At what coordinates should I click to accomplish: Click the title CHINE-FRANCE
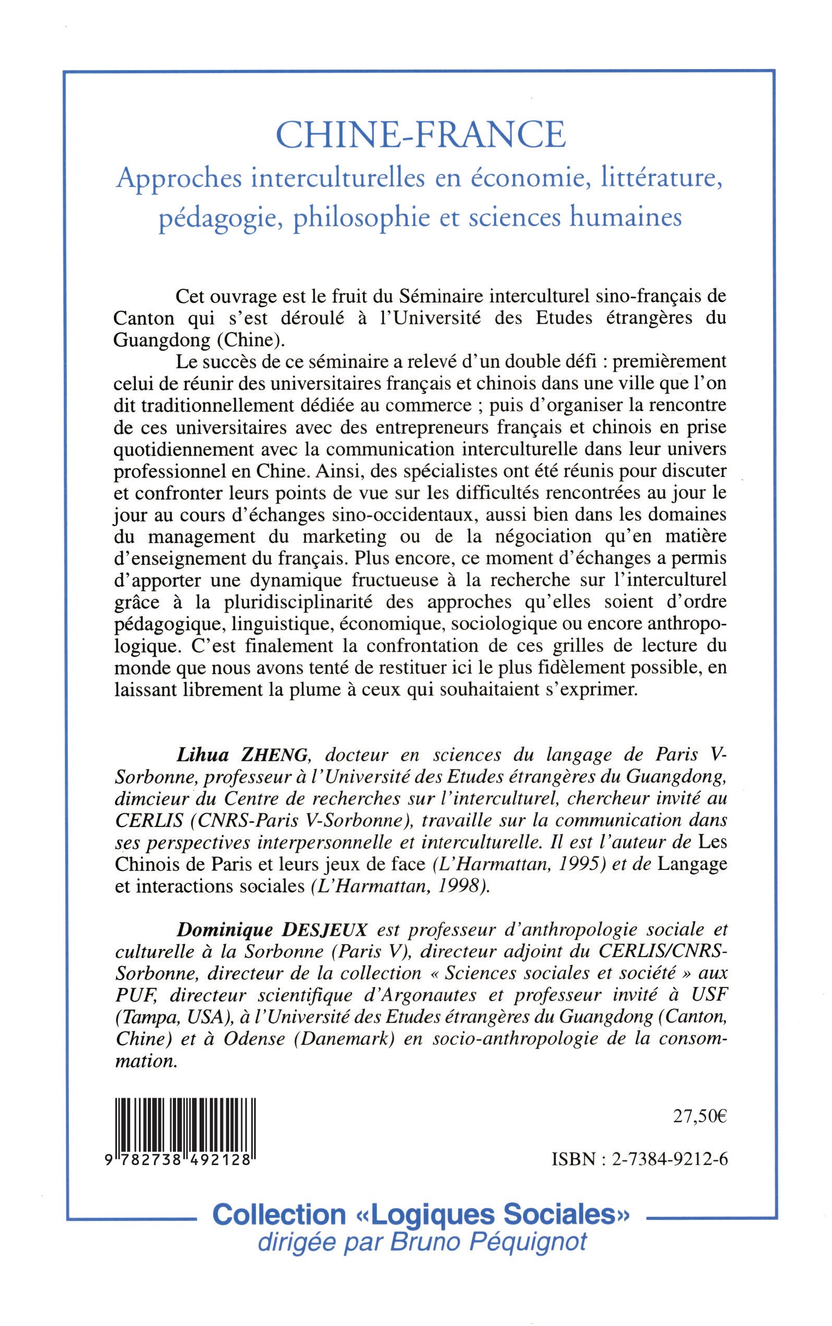[420, 135]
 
